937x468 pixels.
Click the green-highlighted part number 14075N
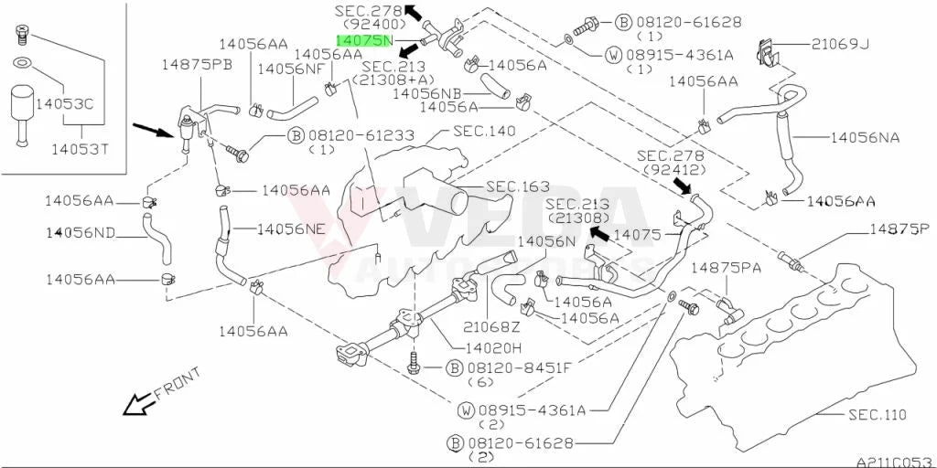(365, 40)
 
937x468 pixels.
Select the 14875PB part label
(198, 65)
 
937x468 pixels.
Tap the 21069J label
(840, 44)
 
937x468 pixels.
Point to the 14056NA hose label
(865, 138)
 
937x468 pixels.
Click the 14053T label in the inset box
(81, 149)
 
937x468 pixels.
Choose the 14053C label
(65, 104)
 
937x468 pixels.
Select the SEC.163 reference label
(518, 186)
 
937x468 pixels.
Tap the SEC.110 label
(878, 414)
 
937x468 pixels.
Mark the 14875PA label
(726, 268)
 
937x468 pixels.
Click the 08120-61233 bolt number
(359, 136)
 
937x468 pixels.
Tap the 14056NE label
(292, 229)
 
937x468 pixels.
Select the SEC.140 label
(484, 131)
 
